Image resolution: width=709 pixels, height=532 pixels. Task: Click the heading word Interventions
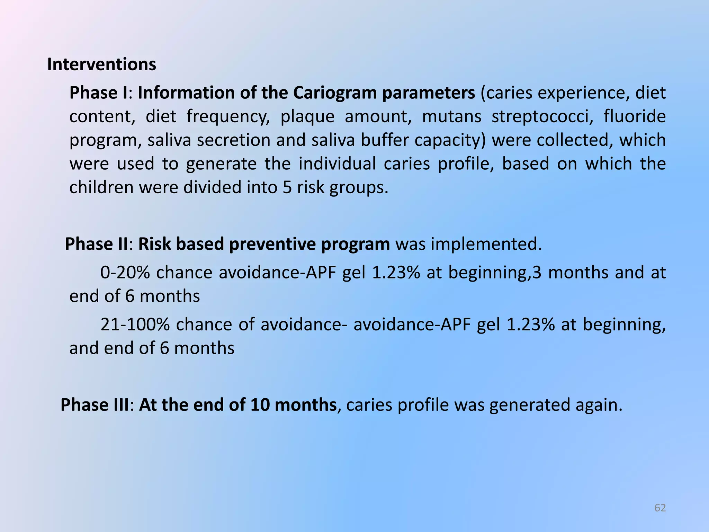[101, 64]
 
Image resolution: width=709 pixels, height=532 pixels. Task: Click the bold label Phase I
[98, 93]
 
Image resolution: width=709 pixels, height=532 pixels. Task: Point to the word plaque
[307, 117]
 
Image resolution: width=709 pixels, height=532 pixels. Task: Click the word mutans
[451, 116]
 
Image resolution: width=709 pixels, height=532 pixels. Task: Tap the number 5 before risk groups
[287, 187]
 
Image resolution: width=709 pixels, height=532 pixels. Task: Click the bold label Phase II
[97, 244]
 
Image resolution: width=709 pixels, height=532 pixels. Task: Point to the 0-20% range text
[125, 273]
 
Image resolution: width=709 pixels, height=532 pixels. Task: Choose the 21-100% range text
[135, 325]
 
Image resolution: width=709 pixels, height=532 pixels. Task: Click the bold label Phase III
[95, 405]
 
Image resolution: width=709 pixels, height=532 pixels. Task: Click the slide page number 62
[660, 508]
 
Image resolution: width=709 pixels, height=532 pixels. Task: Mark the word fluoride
[635, 116]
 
